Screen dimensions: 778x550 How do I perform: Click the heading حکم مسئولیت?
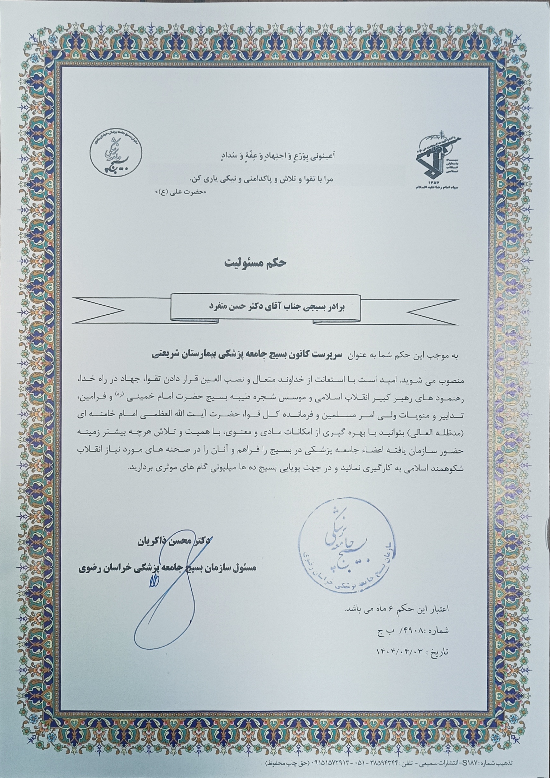(x=256, y=263)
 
